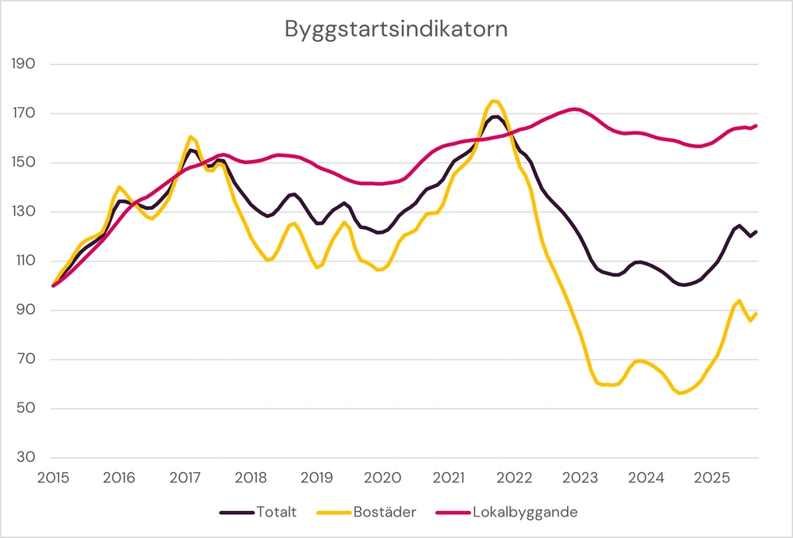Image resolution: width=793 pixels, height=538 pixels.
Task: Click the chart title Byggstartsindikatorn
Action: point(396,30)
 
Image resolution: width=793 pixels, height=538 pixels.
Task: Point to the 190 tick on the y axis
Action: point(26,64)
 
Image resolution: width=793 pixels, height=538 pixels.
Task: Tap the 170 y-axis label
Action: point(26,113)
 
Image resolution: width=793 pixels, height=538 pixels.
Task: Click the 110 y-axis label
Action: point(26,261)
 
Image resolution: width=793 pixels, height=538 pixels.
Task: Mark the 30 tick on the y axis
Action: point(29,458)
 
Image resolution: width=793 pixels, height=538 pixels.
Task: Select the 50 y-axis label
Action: point(29,409)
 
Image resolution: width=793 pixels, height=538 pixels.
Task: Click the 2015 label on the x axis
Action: point(53,478)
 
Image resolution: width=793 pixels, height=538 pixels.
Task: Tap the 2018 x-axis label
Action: point(251,478)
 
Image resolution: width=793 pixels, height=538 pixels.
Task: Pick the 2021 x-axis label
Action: point(449,478)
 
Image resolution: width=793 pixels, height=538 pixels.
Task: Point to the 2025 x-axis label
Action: point(712,478)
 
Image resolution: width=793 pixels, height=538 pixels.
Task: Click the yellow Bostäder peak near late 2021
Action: point(493,101)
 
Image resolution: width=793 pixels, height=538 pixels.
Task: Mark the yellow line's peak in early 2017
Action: point(190,137)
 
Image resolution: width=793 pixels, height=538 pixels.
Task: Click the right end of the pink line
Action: point(757,125)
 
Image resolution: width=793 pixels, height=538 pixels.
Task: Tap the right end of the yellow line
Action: point(757,314)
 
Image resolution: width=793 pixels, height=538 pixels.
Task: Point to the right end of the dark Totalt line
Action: point(757,231)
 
